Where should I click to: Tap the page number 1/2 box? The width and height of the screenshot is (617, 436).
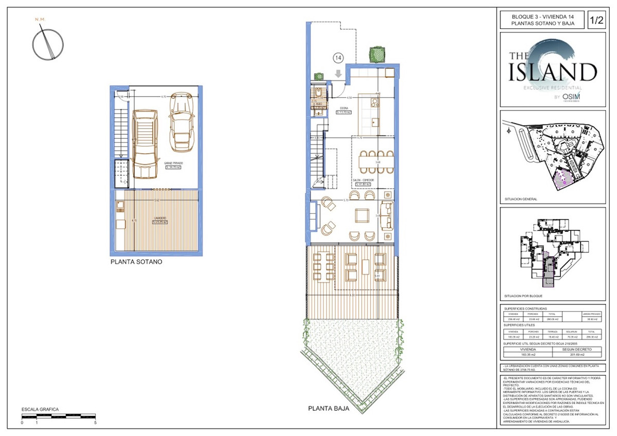(596, 21)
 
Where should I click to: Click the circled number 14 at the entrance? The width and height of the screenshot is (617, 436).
(338, 58)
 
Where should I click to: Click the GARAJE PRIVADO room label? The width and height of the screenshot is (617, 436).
(174, 162)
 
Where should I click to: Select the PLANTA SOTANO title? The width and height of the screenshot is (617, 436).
(136, 262)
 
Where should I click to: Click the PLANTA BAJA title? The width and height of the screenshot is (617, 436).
(329, 409)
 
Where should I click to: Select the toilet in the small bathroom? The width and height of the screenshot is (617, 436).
(319, 93)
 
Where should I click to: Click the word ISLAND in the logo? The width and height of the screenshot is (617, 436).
(552, 72)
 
